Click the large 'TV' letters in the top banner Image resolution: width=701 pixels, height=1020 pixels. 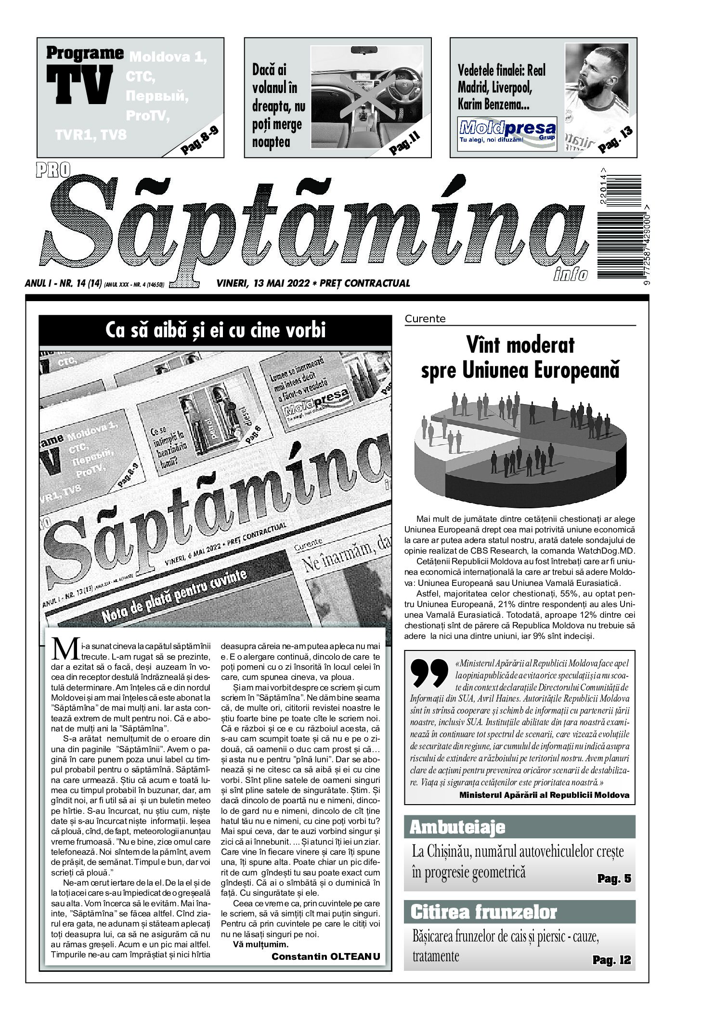point(79,86)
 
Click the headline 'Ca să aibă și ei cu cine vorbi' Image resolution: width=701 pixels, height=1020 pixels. point(215,331)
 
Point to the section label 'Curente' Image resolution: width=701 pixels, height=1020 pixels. point(425,318)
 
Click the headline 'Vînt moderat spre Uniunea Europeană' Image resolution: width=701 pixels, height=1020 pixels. point(520,358)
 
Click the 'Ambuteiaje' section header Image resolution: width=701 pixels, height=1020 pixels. point(457,827)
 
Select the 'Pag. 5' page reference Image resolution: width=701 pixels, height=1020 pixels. point(614,878)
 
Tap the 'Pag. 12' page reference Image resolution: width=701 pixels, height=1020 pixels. point(611,960)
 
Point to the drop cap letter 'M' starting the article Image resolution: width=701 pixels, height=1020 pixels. point(65,649)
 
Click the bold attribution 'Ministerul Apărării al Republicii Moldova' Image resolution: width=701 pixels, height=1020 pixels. point(544,795)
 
